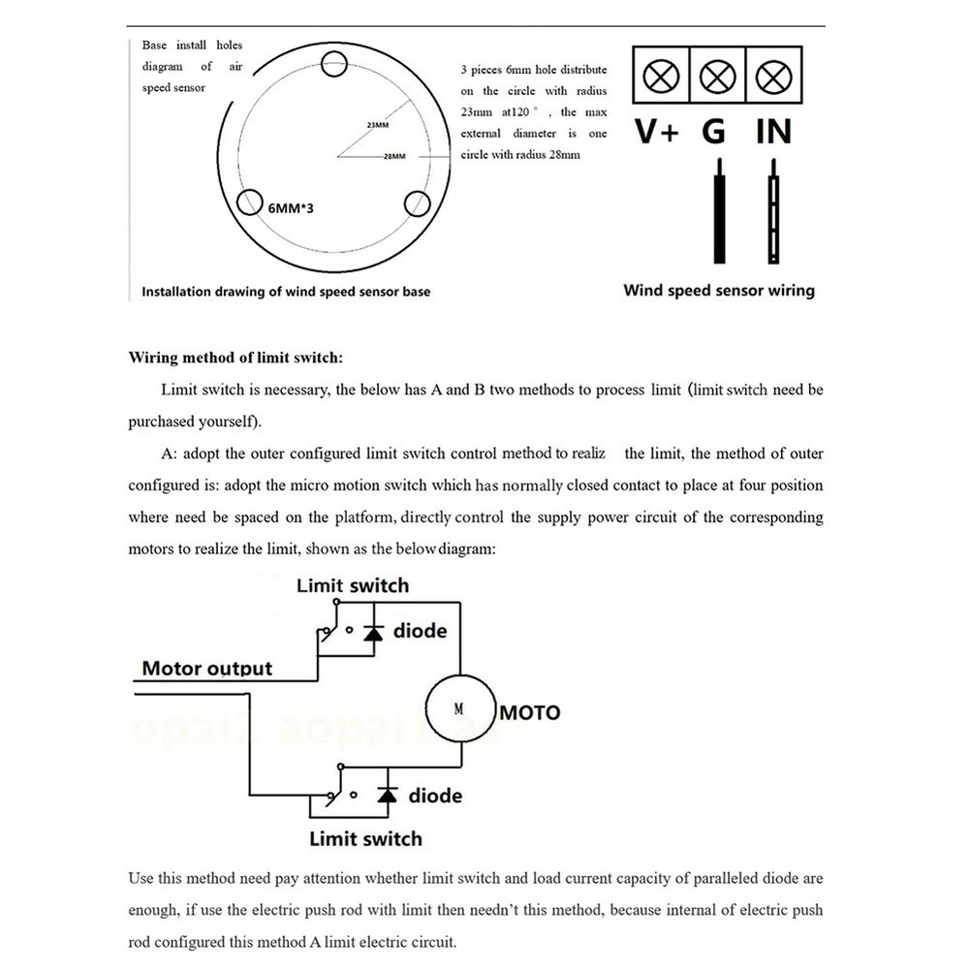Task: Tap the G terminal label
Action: (x=714, y=132)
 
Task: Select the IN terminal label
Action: (x=772, y=132)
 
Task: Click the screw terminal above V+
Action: (x=659, y=76)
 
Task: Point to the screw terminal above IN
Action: (x=772, y=76)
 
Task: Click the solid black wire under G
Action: (x=717, y=213)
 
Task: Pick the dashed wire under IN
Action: (x=774, y=213)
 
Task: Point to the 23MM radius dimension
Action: (x=378, y=126)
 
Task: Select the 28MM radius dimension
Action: (x=394, y=157)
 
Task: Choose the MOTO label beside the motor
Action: (x=530, y=713)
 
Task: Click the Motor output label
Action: (x=207, y=669)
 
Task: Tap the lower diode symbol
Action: (x=388, y=796)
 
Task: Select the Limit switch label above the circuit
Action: (x=353, y=585)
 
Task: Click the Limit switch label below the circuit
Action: (x=365, y=838)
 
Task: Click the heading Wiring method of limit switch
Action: (x=235, y=358)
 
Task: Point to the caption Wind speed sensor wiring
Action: (x=719, y=290)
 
